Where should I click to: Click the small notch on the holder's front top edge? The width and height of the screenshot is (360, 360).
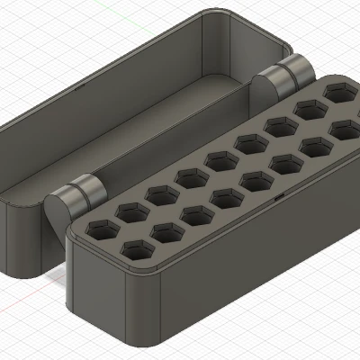280,195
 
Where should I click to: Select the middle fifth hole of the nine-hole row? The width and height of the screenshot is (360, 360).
220,160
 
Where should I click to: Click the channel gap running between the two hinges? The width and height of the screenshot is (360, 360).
180,135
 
